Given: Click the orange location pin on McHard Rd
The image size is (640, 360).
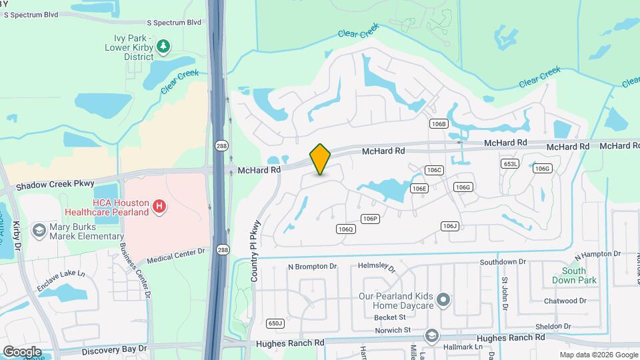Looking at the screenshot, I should (x=320, y=159).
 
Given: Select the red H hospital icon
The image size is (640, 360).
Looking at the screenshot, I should (x=159, y=207).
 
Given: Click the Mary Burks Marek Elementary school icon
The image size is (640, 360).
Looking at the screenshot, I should (x=39, y=231).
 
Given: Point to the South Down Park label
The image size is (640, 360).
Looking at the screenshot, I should (x=573, y=275).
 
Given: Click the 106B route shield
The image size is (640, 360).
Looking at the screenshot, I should (x=438, y=124).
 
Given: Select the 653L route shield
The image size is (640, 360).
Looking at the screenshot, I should (x=509, y=164).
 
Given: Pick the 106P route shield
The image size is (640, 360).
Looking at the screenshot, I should (x=370, y=219).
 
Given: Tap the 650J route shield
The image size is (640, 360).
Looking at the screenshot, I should (x=275, y=323).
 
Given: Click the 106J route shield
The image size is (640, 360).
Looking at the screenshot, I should (x=450, y=226).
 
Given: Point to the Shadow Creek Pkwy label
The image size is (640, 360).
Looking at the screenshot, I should (x=57, y=184).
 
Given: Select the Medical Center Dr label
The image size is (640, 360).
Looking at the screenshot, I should (x=176, y=255).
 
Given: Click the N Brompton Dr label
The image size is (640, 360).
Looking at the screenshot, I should (x=312, y=266).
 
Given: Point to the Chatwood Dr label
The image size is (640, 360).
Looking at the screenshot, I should (x=564, y=301).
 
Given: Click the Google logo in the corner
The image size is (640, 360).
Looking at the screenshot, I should (x=22, y=352).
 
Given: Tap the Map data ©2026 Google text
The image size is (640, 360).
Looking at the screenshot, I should (x=598, y=355).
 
